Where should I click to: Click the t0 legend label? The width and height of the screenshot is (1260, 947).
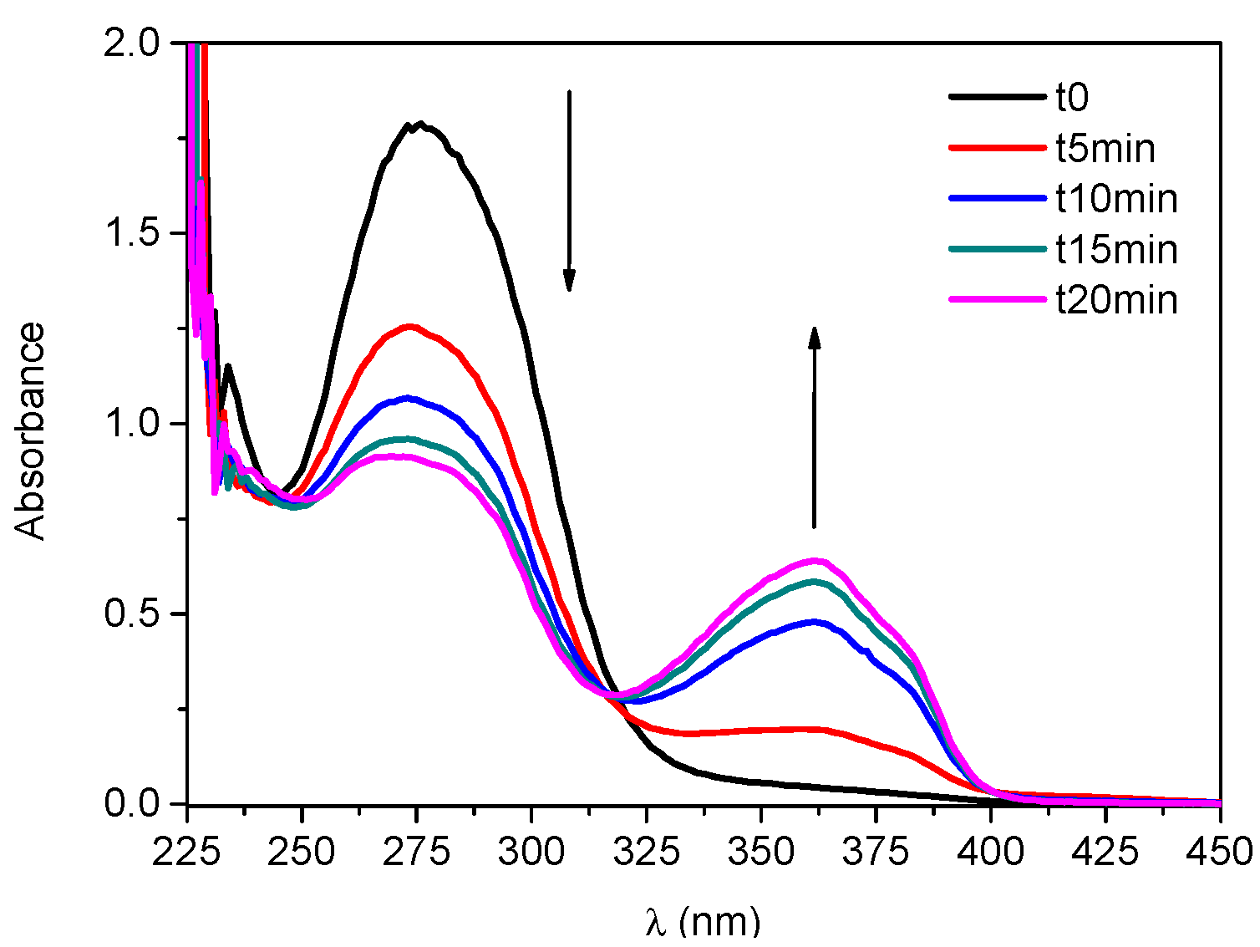click(x=1072, y=98)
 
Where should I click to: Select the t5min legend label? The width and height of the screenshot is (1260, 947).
click(x=1105, y=149)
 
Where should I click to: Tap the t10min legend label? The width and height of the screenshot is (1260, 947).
click(x=1116, y=199)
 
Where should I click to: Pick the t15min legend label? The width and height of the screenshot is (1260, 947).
click(x=1116, y=250)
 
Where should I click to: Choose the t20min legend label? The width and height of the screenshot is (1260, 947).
click(x=1116, y=300)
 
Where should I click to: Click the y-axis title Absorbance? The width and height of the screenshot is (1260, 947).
click(x=31, y=431)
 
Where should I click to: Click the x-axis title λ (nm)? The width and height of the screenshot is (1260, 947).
click(x=703, y=922)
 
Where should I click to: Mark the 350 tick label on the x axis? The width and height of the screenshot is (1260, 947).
click(x=760, y=852)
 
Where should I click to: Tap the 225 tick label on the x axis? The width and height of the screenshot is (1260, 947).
click(x=187, y=852)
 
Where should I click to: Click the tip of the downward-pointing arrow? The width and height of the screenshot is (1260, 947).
click(x=569, y=290)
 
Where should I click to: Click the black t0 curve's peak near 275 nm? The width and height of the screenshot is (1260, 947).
click(x=420, y=125)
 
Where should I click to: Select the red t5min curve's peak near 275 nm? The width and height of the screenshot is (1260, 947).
click(x=409, y=327)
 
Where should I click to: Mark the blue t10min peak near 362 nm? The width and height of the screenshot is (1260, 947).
click(x=815, y=621)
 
